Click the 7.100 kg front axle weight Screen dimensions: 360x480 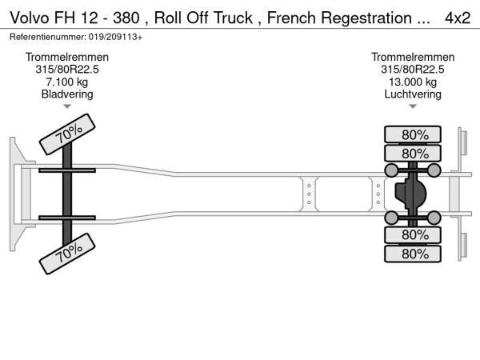tap(67, 82)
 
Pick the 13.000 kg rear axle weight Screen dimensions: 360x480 tap(413, 82)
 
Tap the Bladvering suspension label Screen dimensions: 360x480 tap(67, 94)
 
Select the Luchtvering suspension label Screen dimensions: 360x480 tap(413, 94)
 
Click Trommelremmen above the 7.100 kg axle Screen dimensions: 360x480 tap(67, 58)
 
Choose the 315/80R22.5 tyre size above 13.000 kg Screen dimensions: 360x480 tap(413, 70)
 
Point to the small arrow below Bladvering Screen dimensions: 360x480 tap(67, 106)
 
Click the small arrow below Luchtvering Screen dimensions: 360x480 tap(413, 106)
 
